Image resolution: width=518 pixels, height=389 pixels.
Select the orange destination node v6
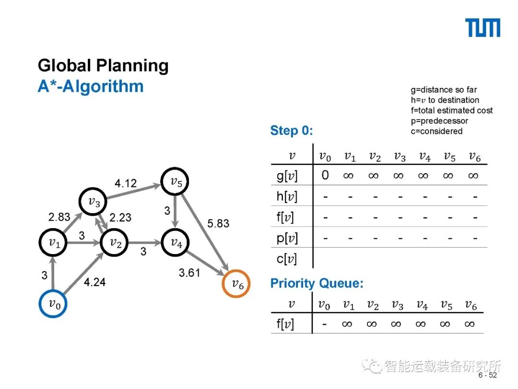pyautogui.click(x=236, y=284)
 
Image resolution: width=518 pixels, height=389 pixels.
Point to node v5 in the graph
pyautogui.click(x=175, y=182)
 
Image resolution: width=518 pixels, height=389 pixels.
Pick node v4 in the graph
pyautogui.click(x=176, y=243)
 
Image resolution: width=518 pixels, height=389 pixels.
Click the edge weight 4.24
pyautogui.click(x=94, y=282)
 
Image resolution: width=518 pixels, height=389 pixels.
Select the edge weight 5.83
pyautogui.click(x=218, y=223)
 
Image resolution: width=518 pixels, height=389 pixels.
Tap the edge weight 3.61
pyautogui.click(x=189, y=273)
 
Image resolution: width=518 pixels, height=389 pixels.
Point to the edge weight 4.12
pyautogui.click(x=126, y=183)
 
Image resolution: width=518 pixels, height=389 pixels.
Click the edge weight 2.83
pyautogui.click(x=59, y=217)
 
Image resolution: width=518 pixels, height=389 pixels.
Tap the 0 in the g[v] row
pyautogui.click(x=325, y=175)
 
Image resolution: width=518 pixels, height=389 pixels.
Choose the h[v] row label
pyautogui.click(x=287, y=197)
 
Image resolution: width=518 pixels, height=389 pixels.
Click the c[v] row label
pyautogui.click(x=287, y=259)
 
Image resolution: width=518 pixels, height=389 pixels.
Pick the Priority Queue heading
pyautogui.click(x=317, y=283)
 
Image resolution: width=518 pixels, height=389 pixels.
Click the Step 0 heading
pyautogui.click(x=292, y=131)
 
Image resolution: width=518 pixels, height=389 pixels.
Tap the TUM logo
pyautogui.click(x=483, y=28)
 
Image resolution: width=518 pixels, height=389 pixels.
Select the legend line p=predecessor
pyautogui.click(x=439, y=121)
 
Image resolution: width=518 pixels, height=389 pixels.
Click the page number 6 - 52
pyautogui.click(x=487, y=376)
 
